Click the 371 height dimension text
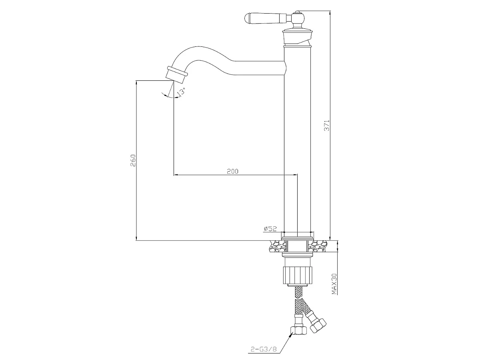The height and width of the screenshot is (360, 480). pos(326,126)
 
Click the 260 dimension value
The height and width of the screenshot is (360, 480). pos(134,160)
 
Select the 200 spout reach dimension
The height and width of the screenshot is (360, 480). pos(232,171)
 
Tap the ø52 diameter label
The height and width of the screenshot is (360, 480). pos(270,229)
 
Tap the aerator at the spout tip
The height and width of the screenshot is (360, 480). pos(176,73)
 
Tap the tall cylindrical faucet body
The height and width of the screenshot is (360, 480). pos(297,140)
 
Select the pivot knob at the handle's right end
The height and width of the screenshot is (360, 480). pos(297,18)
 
